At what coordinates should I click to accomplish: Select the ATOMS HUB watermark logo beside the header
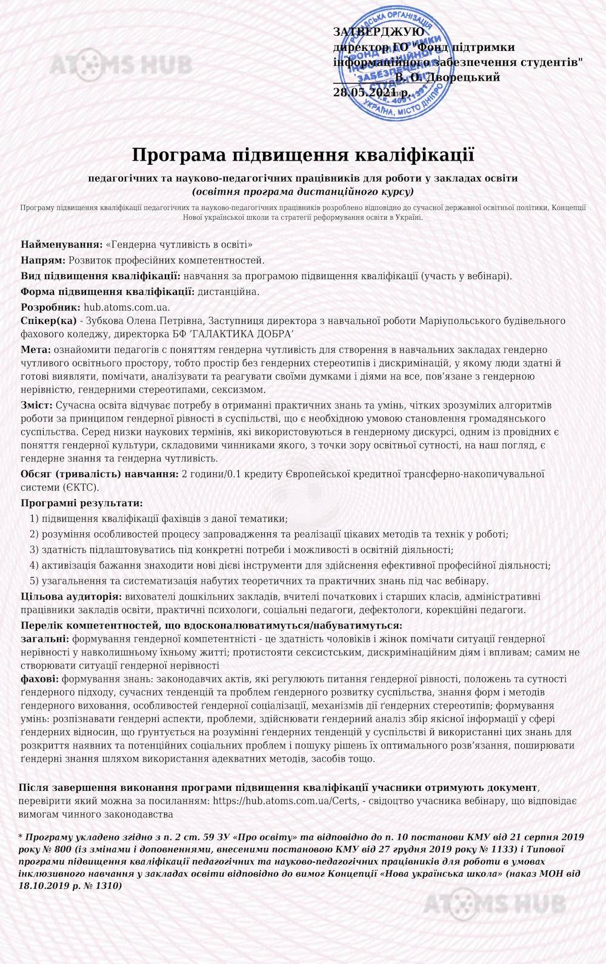pos(121,65)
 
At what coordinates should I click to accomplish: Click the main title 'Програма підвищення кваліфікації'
pos(302,155)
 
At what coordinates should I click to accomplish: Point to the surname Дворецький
pos(464,78)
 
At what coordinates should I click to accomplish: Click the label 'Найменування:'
pos(62,245)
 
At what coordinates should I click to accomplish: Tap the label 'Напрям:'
pos(43,260)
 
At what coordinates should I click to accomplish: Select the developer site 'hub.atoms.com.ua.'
pos(127,307)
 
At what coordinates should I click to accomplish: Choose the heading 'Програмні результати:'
pos(82,503)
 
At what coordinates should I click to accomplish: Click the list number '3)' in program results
pos(34,550)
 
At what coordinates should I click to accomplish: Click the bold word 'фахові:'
pos(39,679)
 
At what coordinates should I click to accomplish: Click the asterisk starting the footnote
pos(21,837)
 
